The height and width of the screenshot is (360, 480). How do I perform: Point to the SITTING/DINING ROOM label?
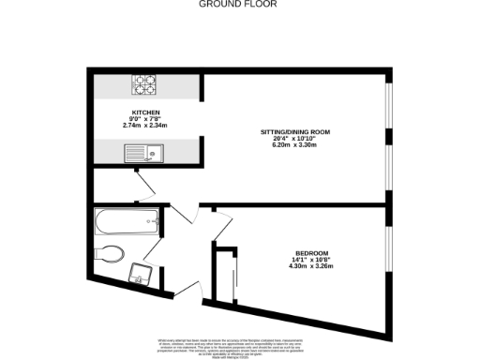tap(296, 131)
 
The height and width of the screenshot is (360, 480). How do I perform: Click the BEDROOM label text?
tap(311, 253)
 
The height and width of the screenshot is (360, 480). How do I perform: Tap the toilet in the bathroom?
tap(111, 251)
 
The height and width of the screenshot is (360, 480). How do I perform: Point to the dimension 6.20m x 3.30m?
tap(296, 144)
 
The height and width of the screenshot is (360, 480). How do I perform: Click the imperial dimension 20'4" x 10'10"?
tap(296, 138)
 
